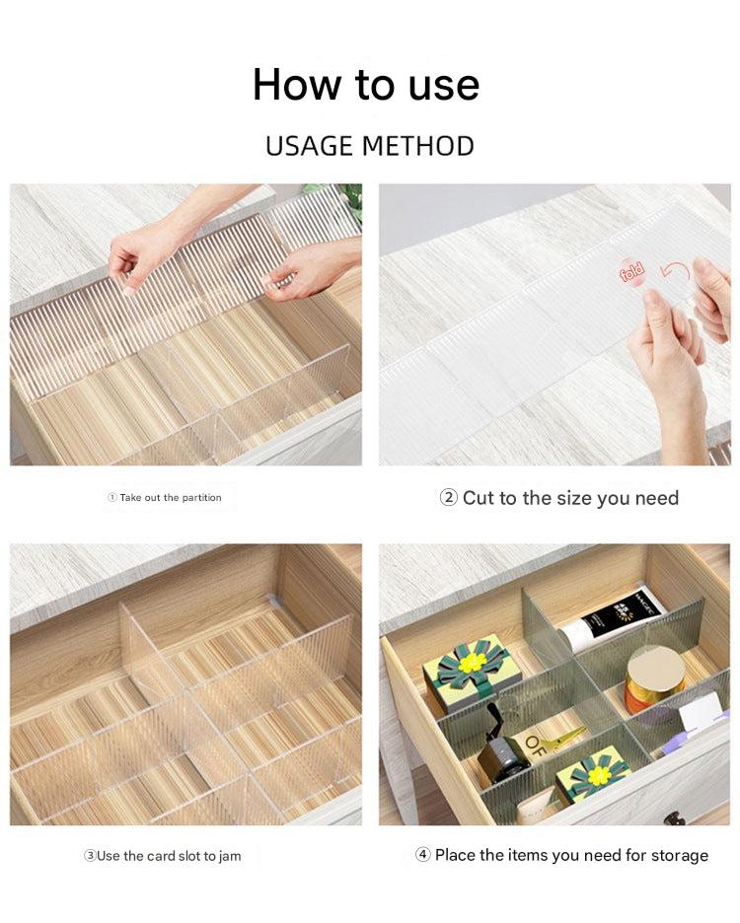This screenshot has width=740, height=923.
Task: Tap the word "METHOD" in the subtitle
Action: [x=417, y=146]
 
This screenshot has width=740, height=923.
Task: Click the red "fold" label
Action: [x=632, y=272]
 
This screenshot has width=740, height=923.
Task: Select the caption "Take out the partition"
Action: [x=171, y=497]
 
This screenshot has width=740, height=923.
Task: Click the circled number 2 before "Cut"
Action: [x=448, y=497]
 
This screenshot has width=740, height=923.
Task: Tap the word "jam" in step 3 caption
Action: [x=230, y=857]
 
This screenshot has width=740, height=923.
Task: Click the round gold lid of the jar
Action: [x=655, y=672]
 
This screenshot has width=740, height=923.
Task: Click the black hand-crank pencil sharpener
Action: [x=498, y=744]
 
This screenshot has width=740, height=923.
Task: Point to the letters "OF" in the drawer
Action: [x=535, y=745]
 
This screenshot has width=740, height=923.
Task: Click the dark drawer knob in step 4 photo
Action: [x=674, y=817]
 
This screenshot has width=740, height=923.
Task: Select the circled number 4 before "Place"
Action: [x=423, y=855]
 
